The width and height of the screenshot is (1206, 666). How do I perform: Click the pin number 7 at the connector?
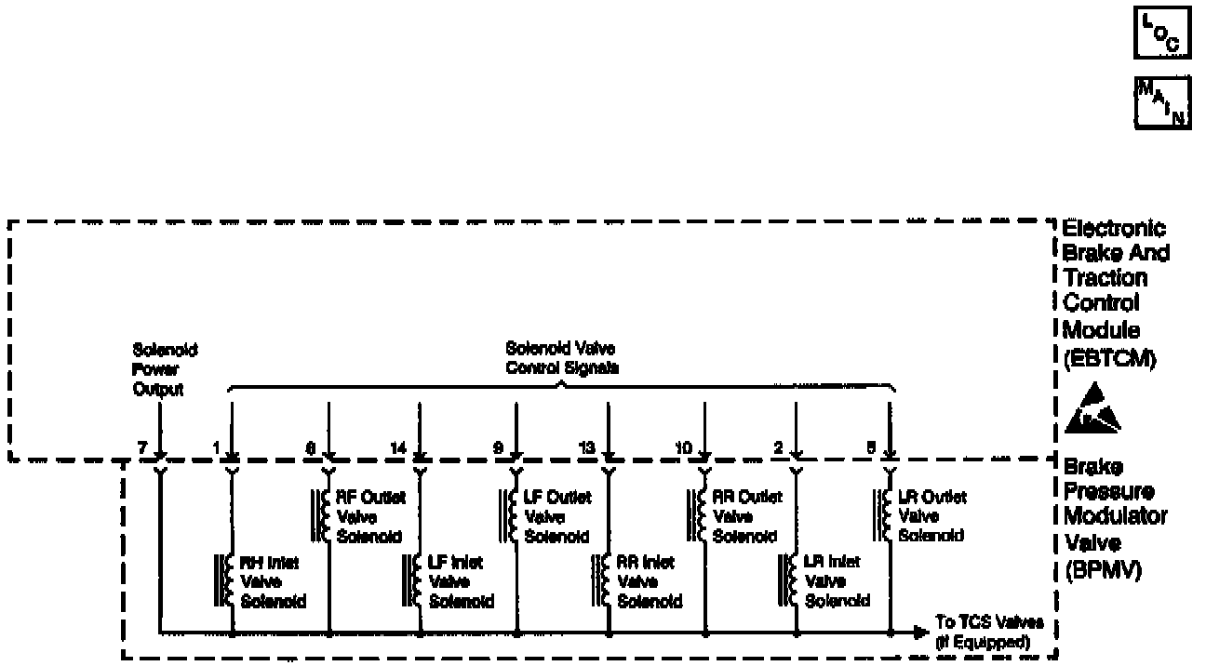coord(141,447)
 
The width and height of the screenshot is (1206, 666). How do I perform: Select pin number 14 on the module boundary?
coord(398,447)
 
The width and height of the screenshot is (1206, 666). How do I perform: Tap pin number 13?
coord(586,447)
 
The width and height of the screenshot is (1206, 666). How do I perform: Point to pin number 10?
coord(683,447)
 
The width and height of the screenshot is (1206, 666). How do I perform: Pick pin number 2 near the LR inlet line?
coord(778,447)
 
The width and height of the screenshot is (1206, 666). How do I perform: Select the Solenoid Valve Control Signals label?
coord(560,358)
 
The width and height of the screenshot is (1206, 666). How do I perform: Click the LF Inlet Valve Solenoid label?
coord(461,581)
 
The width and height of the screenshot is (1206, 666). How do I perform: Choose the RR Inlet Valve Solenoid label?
coord(650,581)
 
